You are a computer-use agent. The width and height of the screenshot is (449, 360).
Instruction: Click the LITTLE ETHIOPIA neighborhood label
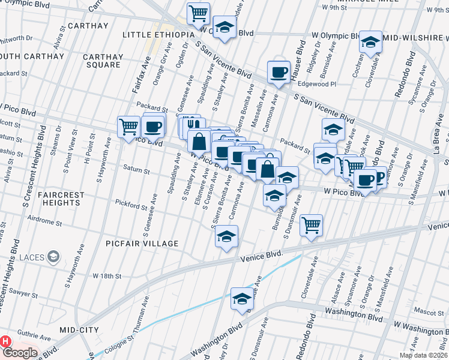pos(159,35)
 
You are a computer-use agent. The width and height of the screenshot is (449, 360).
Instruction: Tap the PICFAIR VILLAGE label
pos(142,244)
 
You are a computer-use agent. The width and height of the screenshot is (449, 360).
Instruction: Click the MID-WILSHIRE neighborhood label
pos(416,38)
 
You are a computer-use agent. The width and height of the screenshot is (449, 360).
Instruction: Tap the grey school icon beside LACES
pos(54,257)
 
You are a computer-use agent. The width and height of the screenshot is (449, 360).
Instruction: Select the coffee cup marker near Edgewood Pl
pos(278,73)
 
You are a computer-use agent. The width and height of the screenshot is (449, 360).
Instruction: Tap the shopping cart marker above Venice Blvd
pos(311,226)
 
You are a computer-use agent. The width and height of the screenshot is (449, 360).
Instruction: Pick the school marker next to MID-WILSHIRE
pos(370,42)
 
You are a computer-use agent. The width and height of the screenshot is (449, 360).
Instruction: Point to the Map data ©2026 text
pos(423,355)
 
